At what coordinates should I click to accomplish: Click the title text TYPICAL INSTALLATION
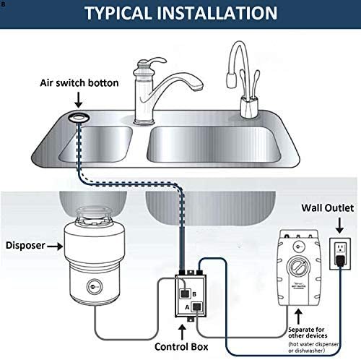(180, 14)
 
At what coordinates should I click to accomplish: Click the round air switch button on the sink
(76, 117)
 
